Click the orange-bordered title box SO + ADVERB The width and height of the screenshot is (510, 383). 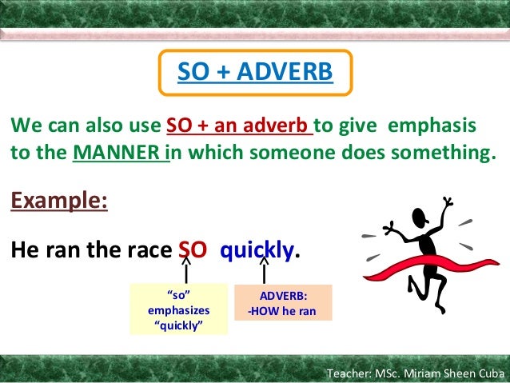tap(254, 73)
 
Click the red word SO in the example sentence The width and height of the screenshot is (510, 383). tap(192, 251)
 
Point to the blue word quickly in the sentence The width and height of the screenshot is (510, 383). tap(257, 251)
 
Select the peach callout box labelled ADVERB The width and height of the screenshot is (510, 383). tap(282, 303)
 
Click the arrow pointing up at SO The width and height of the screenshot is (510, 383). tap(185, 270)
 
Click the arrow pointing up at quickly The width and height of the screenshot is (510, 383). tap(263, 270)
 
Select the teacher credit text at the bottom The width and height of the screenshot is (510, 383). tap(416, 374)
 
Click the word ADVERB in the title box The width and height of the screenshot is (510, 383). tap(289, 73)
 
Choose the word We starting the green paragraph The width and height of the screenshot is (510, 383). tap(21, 126)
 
